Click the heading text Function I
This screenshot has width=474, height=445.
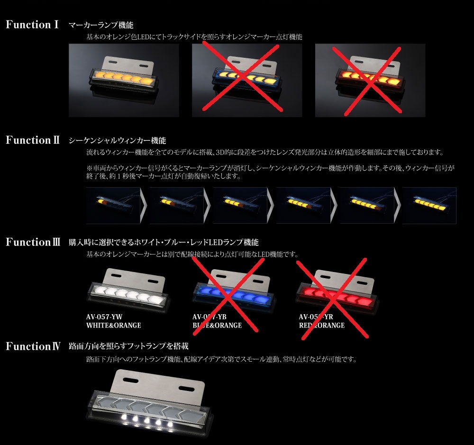pyautogui.click(x=32, y=25)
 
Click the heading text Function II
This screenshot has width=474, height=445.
pyautogui.click(x=32, y=140)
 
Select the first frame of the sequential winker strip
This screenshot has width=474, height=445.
pyautogui.click(x=113, y=205)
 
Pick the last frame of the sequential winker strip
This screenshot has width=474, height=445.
pyautogui.click(x=429, y=205)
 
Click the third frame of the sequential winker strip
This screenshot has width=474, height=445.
pyautogui.click(x=239, y=205)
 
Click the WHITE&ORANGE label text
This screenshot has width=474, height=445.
pyautogui.click(x=113, y=326)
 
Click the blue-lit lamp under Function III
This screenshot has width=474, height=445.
pyautogui.click(x=235, y=293)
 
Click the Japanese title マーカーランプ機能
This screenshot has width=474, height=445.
pyautogui.click(x=104, y=25)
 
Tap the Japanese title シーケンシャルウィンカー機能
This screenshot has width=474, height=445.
pyautogui.click(x=117, y=141)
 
